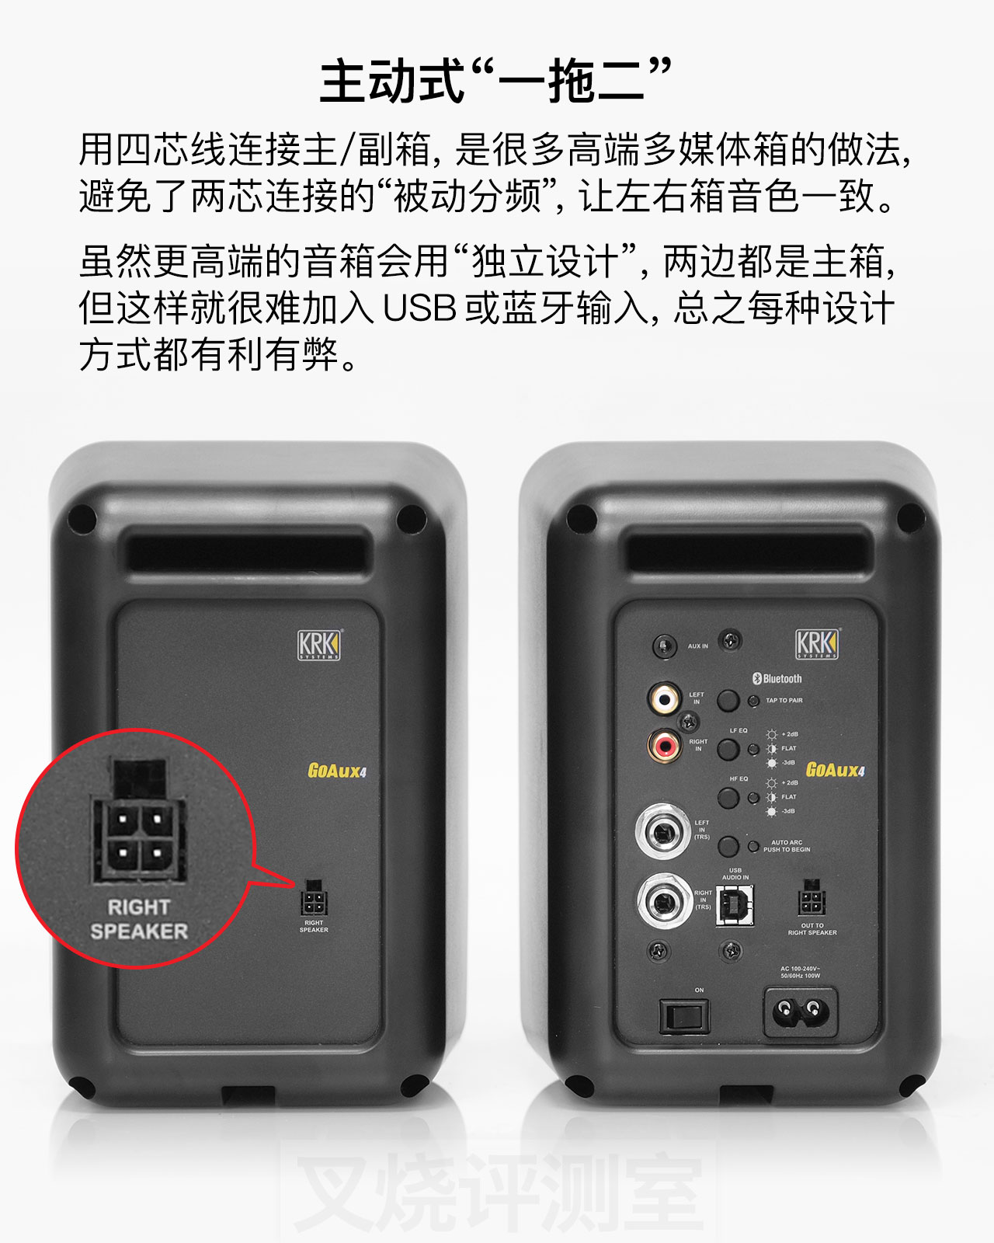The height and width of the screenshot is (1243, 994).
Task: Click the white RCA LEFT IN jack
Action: pyautogui.click(x=665, y=697)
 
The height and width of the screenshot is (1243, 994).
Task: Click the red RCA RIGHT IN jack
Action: pyautogui.click(x=665, y=747)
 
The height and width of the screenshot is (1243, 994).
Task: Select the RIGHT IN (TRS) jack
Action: pyautogui.click(x=664, y=902)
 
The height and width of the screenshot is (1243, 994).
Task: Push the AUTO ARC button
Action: pyautogui.click(x=728, y=846)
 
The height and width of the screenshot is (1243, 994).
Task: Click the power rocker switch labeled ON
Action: pyautogui.click(x=684, y=1015)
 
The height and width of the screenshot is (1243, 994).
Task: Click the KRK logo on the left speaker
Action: pyautogui.click(x=319, y=645)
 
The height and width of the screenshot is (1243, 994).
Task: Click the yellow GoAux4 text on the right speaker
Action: pyautogui.click(x=835, y=770)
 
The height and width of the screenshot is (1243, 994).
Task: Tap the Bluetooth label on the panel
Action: pyautogui.click(x=777, y=678)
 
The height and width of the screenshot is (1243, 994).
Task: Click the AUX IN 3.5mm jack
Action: pyautogui.click(x=663, y=646)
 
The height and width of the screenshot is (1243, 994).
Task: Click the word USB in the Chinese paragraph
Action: pyautogui.click(x=419, y=308)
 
